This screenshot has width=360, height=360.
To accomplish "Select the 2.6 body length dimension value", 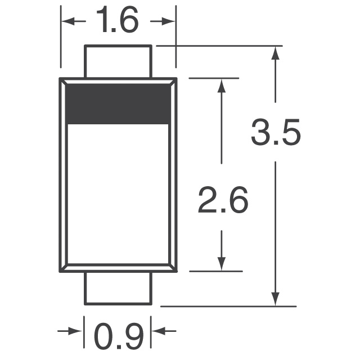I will pos(222,201).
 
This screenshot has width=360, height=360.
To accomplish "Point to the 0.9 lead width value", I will pos(118,336).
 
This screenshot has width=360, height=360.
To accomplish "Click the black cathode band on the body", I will pos(118,102).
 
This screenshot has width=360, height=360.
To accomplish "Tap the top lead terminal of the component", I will pos(118,61).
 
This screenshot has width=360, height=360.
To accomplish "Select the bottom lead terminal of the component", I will pos(118,289).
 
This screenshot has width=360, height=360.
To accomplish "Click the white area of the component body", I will pos(118,191).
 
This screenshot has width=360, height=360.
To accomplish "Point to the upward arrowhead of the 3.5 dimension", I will pos(275,53).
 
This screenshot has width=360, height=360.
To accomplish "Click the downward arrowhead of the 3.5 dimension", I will pos(275,299).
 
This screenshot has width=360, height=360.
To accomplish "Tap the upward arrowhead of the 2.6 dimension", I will pos(222,86).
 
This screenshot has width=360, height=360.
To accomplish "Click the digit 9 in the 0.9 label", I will pos(133,336).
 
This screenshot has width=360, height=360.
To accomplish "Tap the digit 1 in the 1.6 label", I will pos(101,21).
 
